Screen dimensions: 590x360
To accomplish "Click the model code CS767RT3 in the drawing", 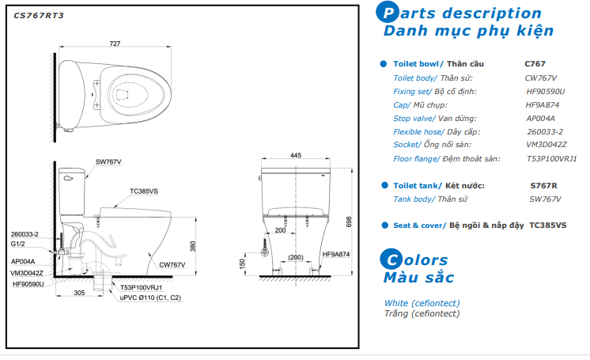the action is pyautogui.click(x=39, y=16).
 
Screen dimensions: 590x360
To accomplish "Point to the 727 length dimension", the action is pyautogui.click(x=115, y=44).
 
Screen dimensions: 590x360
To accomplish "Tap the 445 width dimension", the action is pyautogui.click(x=296, y=155).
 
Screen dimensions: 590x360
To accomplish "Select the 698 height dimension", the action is pyautogui.click(x=349, y=222).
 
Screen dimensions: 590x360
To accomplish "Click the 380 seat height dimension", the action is pyautogui.click(x=193, y=246).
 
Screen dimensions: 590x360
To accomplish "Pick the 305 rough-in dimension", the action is pyautogui.click(x=79, y=293).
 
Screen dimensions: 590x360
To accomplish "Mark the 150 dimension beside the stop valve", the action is pyautogui.click(x=242, y=263).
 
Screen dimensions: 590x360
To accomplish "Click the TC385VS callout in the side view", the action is pyautogui.click(x=144, y=191).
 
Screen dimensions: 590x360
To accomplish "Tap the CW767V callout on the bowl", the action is pyautogui.click(x=172, y=265).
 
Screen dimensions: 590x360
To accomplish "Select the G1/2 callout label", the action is pyautogui.click(x=17, y=244).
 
